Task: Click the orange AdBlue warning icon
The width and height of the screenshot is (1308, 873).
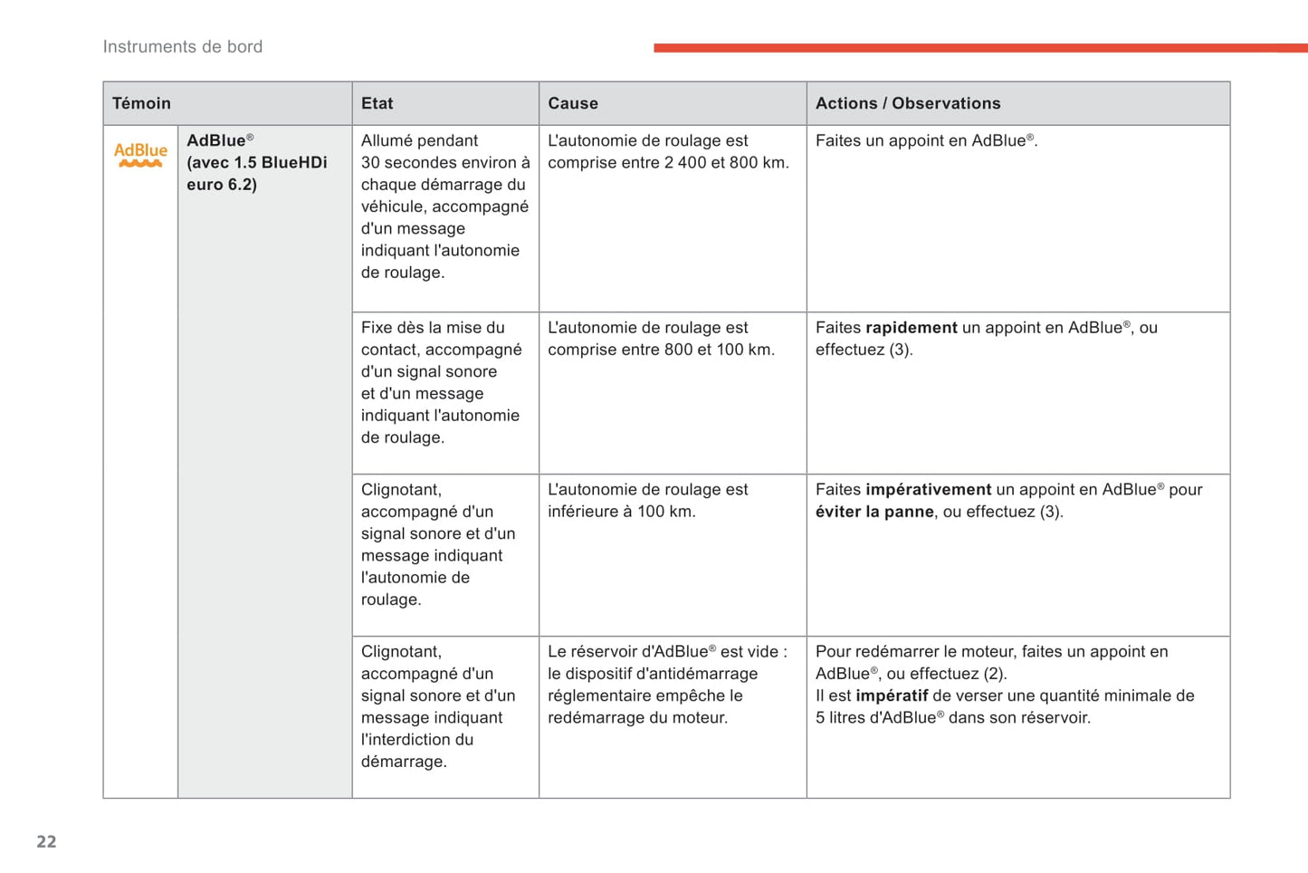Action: pos(140,155)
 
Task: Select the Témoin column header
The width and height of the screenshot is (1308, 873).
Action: pos(141,103)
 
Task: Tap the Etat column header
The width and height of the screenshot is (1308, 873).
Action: pos(377,103)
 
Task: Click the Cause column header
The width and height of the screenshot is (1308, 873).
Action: pos(573,103)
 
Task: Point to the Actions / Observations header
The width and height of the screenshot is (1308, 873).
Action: pos(908,103)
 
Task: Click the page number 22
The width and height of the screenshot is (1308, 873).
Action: pos(46,841)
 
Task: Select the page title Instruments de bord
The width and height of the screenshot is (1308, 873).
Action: pos(183,47)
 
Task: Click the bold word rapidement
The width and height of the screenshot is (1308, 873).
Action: pos(911,328)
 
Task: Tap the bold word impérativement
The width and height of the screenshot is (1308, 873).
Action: pos(928,490)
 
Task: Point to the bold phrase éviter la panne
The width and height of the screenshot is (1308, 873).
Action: pos(874,512)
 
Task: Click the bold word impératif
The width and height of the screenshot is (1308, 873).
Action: pos(892,696)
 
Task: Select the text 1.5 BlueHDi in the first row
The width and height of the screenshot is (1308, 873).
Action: pos(281,163)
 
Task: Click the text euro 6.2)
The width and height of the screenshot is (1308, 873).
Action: pos(222,185)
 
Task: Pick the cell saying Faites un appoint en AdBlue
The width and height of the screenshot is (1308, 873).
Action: pos(925,141)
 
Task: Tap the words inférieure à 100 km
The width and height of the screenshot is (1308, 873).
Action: pos(622,512)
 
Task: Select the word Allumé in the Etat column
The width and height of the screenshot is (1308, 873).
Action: pos(388,141)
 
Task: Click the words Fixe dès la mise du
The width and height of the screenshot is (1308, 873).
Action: pos(433,328)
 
